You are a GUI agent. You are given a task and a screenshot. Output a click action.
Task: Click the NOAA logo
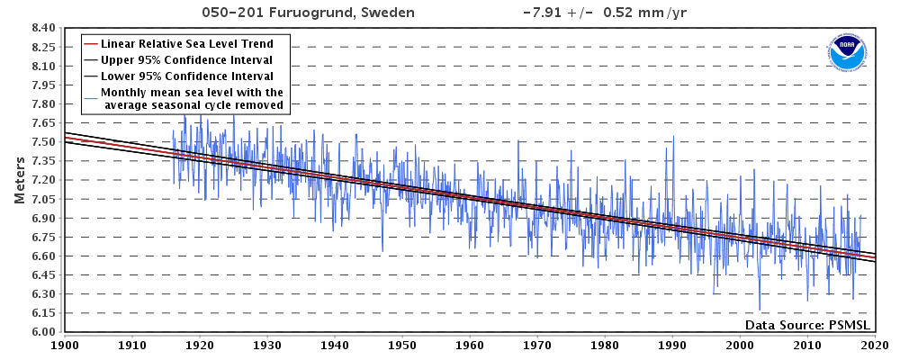[x=847, y=53]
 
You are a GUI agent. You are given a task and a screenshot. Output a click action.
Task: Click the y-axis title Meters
[x=20, y=179]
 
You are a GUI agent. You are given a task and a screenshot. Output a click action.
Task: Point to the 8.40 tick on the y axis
[x=44, y=28]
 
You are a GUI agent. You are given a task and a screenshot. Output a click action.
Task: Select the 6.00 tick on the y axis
[x=44, y=332]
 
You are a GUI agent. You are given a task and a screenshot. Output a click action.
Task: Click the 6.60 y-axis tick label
[x=44, y=256]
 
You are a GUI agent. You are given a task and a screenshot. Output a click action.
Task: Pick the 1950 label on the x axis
[x=402, y=344]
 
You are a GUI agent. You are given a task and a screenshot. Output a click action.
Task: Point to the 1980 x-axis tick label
[x=605, y=344]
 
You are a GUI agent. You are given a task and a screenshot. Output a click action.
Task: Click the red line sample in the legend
[x=90, y=43]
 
